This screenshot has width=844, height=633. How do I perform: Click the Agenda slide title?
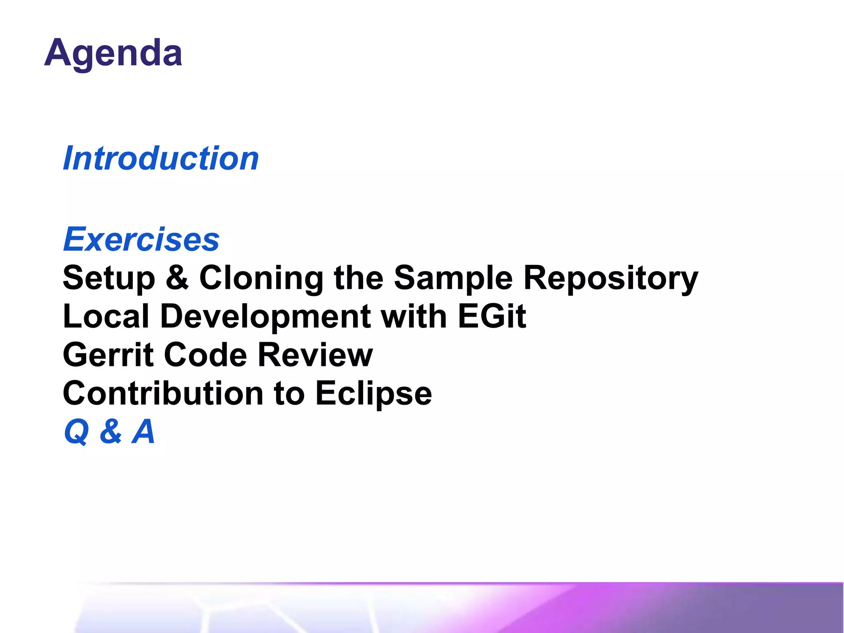coord(113,53)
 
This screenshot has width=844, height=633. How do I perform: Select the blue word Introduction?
coord(161,158)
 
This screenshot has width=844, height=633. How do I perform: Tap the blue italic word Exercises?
coord(141,239)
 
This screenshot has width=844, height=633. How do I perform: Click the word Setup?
coord(109,278)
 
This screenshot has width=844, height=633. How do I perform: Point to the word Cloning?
coord(261,278)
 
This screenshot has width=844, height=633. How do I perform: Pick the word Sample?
coord(453,278)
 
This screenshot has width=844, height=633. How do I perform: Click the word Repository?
coord(611,278)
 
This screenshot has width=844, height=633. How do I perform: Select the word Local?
coord(106,316)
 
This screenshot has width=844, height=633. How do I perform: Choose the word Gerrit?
coord(108,355)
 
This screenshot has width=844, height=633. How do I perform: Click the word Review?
coord(315,355)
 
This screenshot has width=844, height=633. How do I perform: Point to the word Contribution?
coord(163,393)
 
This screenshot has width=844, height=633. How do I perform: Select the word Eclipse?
coord(373,393)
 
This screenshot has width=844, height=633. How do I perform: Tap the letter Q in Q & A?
coord(77,431)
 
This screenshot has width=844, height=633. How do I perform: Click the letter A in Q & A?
coord(143,431)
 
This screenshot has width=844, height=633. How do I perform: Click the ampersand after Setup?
coord(177,277)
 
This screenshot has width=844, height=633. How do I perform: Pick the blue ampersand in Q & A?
coord(110,431)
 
